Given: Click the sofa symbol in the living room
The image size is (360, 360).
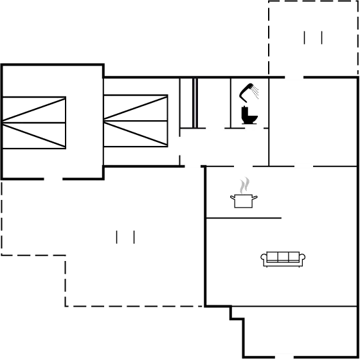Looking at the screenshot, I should tap(283, 259).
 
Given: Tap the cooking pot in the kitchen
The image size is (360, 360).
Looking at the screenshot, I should tap(243, 201).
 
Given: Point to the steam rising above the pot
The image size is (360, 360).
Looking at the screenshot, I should tap(243, 186).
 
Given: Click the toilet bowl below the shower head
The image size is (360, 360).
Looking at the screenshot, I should tap(248, 114).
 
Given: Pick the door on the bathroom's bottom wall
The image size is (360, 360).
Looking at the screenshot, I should tap(254, 127).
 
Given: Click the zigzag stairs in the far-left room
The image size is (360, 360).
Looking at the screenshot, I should tap(35, 122).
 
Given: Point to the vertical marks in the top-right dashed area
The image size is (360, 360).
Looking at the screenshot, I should tap(313, 37).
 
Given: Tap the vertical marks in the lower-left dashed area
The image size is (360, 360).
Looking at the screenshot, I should tap(125, 237).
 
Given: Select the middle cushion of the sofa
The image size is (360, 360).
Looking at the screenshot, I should tap(283, 257).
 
